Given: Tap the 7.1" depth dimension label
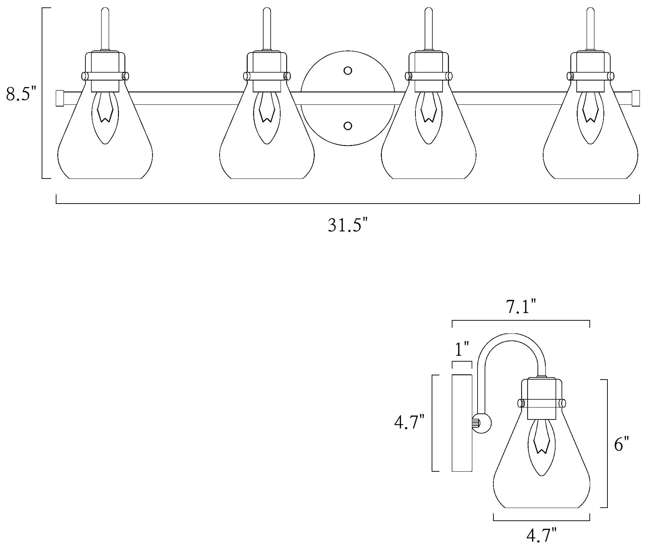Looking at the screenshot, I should (521, 307).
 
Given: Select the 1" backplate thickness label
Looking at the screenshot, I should (461, 349).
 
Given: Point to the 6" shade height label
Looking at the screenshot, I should (622, 444).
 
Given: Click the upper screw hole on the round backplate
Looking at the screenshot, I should (348, 71).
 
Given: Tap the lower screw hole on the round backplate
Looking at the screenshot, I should (348, 126).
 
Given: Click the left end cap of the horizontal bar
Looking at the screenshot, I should (60, 98).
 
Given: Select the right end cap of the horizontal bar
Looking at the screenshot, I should (636, 98).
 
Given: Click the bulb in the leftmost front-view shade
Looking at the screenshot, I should (105, 116).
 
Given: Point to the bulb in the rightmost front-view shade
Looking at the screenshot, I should (590, 116).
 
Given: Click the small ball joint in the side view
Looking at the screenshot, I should (483, 422).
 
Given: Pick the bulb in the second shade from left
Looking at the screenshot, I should (267, 116).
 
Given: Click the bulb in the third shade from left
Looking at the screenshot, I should (429, 116).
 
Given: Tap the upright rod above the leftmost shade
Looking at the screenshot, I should (105, 28).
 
